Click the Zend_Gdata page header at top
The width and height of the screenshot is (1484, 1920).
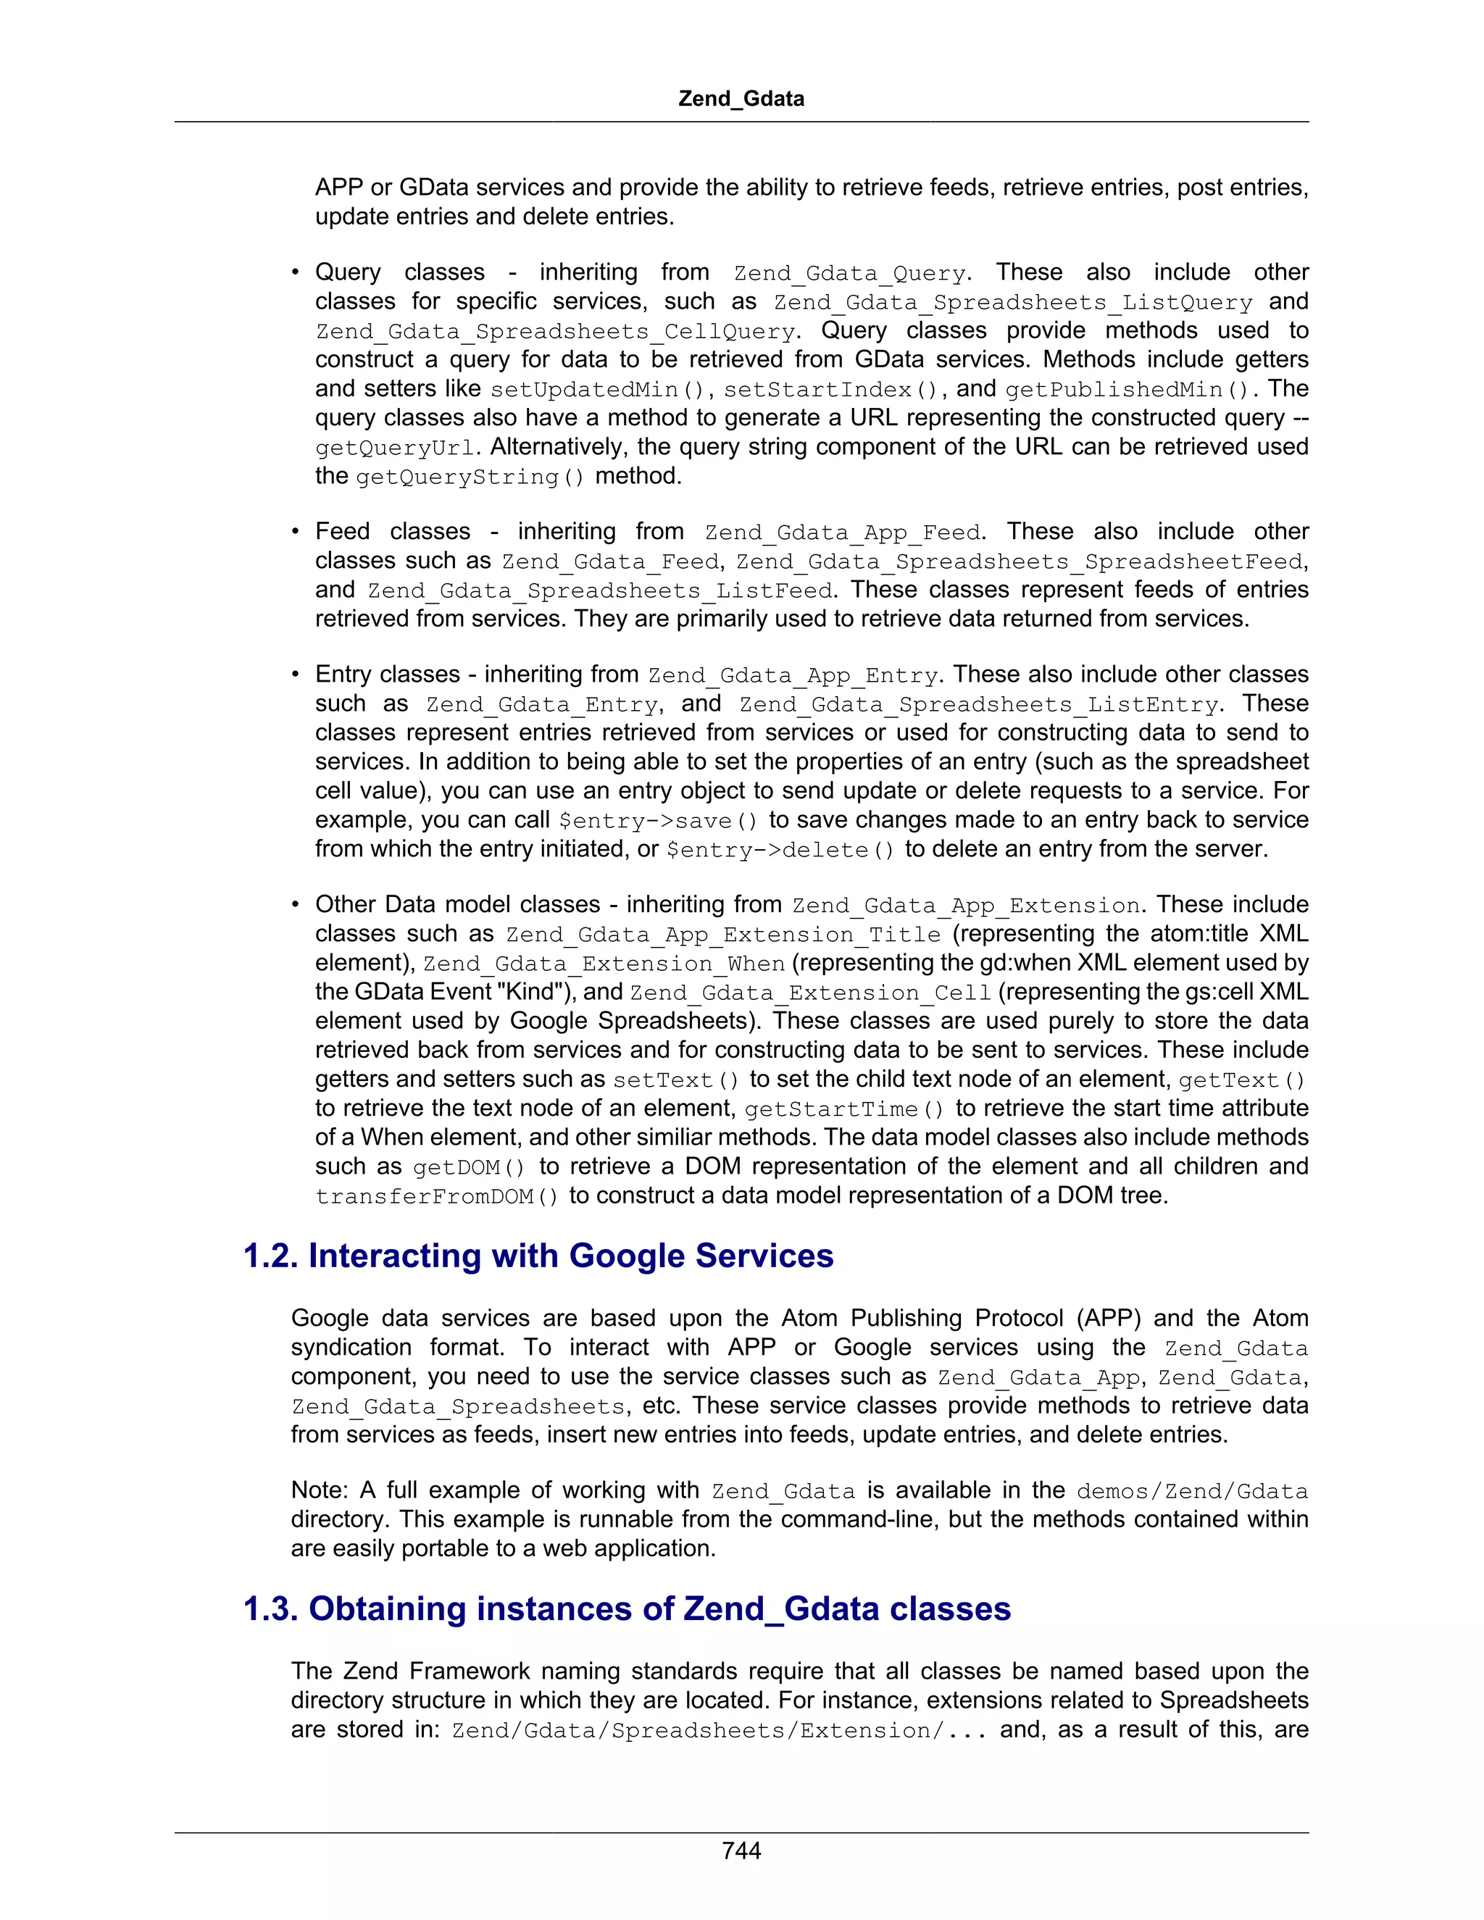[741, 99]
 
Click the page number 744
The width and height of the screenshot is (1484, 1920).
[741, 1850]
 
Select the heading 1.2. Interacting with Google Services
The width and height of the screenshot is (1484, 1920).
[538, 1256]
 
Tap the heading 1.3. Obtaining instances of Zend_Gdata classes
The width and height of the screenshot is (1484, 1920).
[627, 1608]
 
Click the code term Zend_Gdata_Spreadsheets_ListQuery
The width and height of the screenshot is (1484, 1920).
[1013, 302]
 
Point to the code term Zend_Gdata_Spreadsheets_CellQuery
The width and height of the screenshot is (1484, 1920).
[556, 331]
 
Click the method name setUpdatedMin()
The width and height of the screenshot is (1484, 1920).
[597, 390]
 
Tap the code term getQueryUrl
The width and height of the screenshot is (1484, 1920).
[396, 448]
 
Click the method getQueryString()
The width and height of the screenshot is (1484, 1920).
[470, 477]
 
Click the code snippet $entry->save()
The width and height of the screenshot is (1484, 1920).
[659, 820]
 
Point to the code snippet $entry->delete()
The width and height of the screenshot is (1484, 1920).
[780, 850]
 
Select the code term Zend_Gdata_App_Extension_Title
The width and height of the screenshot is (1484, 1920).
[722, 935]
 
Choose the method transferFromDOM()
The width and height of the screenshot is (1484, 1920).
[437, 1196]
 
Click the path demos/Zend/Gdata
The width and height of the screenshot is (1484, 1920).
[1191, 1491]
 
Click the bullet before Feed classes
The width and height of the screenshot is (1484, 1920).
[296, 532]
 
